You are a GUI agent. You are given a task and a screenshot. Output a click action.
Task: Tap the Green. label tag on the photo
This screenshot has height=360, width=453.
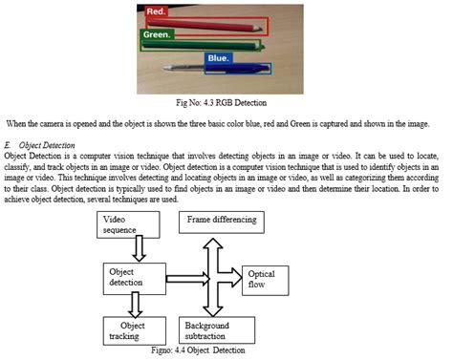[158, 35]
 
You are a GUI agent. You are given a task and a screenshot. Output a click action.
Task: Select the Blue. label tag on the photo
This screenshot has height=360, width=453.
[218, 58]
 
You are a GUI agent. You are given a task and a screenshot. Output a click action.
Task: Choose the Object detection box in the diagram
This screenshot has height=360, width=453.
[136, 278]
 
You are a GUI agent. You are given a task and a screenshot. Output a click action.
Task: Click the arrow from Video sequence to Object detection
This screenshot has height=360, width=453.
[140, 250]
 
